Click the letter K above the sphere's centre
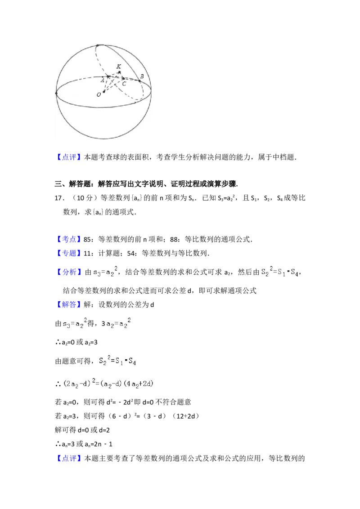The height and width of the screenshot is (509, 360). click(x=118, y=67)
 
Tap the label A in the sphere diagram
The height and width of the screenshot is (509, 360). click(x=103, y=80)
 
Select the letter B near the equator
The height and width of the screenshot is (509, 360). click(x=142, y=76)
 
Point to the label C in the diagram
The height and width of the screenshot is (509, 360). click(x=124, y=84)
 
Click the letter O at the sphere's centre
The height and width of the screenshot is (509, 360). click(x=99, y=95)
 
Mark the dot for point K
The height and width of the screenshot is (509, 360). click(x=119, y=72)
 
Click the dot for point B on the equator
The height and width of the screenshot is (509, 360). click(x=139, y=81)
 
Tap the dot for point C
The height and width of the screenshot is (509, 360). click(x=123, y=79)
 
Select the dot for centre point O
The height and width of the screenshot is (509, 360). click(x=104, y=92)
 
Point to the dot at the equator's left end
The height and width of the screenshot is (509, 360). click(x=56, y=94)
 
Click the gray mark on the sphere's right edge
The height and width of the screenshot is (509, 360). click(x=153, y=91)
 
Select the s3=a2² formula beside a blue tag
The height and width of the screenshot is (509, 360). click(x=104, y=272)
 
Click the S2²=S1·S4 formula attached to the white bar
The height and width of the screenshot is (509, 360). click(x=279, y=272)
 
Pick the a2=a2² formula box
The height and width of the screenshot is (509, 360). click(x=119, y=324)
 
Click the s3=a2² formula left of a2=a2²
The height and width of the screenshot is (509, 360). click(x=75, y=324)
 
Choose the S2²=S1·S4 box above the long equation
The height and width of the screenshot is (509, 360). click(x=117, y=360)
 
